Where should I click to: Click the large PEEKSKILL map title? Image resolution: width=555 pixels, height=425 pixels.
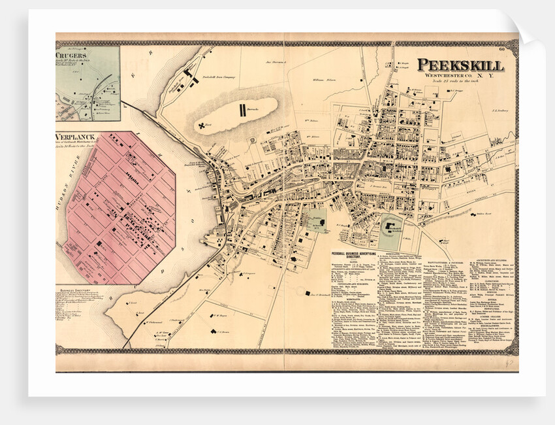pyautogui.click(x=460, y=65)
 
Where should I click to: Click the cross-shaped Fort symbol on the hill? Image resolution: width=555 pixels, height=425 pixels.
pyautogui.click(x=202, y=124)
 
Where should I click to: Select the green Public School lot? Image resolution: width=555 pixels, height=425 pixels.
pyautogui.click(x=315, y=221)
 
